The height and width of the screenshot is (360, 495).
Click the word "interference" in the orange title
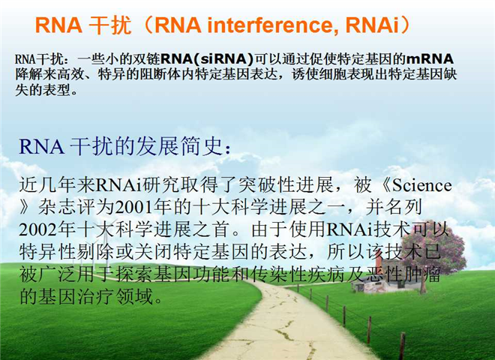point(268,25)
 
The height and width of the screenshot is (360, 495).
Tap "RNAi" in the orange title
point(372,25)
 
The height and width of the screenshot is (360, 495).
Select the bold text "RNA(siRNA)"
point(207,59)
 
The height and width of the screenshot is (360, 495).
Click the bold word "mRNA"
point(430,59)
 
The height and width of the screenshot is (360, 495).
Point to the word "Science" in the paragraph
point(421,185)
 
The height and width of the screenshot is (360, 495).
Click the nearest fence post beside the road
point(402,346)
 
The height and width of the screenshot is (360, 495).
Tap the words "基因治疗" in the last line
point(76,296)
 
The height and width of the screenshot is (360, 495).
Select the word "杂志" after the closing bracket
point(57,208)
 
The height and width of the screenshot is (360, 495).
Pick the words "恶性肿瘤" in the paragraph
point(403,274)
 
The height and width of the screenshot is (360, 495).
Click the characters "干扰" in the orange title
point(109,25)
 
